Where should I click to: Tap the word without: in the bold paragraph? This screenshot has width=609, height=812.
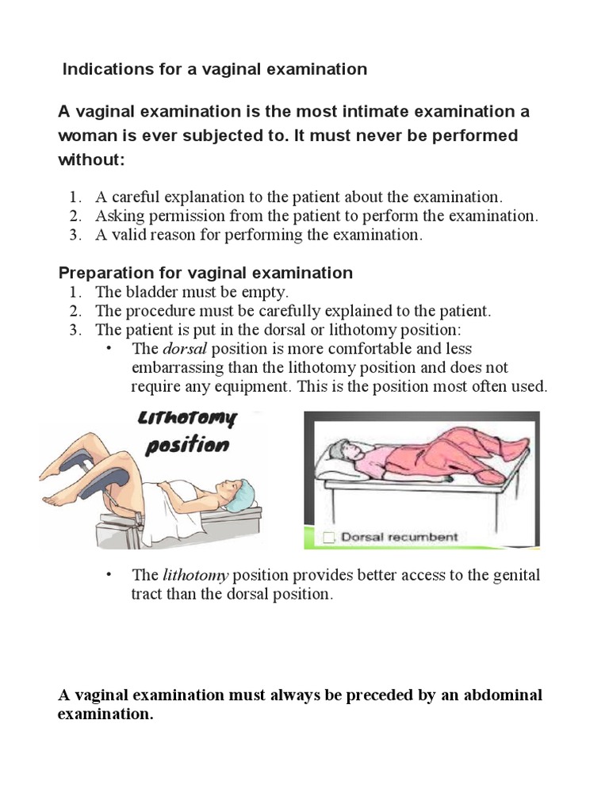pos(92,159)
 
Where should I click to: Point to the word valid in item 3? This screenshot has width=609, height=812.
pos(128,235)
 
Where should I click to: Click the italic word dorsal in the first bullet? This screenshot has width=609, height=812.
pos(179,349)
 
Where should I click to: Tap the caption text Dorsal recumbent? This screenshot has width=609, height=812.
pos(399,537)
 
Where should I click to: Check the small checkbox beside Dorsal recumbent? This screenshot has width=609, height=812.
pos(328,538)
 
